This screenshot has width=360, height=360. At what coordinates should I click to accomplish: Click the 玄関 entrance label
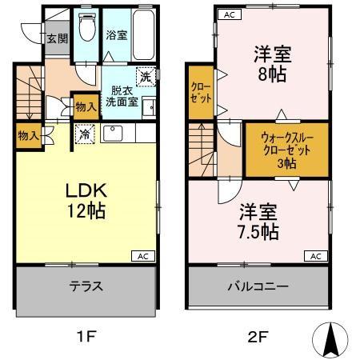(x=54, y=38)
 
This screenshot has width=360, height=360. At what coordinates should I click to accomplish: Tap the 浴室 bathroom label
(x=116, y=34)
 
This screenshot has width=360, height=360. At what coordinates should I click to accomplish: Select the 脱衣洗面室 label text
(x=124, y=97)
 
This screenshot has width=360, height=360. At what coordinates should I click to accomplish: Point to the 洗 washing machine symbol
(x=146, y=78)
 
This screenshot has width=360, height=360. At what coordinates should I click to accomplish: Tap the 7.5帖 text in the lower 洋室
(x=258, y=233)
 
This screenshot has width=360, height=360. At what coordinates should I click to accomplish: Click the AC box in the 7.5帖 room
(x=316, y=256)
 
